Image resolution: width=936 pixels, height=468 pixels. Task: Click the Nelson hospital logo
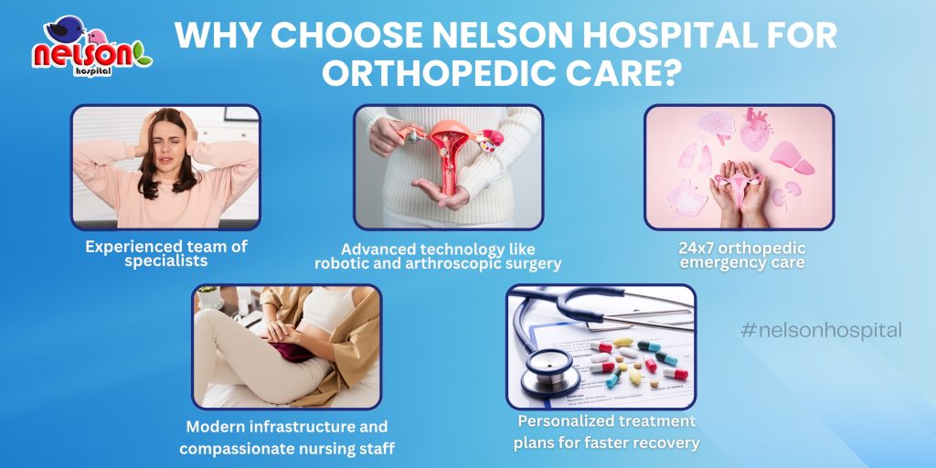tap(91, 47)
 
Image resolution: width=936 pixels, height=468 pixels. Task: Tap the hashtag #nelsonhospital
tap(822, 330)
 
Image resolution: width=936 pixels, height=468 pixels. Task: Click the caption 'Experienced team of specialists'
tap(166, 254)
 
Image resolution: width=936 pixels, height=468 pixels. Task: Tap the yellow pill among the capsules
tap(635, 377)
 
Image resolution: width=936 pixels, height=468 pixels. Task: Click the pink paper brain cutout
tap(717, 126)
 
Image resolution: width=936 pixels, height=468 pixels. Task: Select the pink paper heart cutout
tap(756, 128)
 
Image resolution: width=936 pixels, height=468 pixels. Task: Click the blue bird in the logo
tap(65, 28)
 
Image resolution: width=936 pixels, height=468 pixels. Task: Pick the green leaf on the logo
tap(142, 54)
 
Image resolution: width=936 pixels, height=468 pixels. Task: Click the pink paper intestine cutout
tap(687, 197)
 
